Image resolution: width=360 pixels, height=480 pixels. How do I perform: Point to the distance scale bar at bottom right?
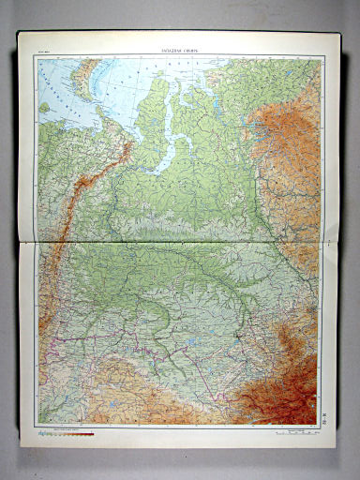[290, 432]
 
